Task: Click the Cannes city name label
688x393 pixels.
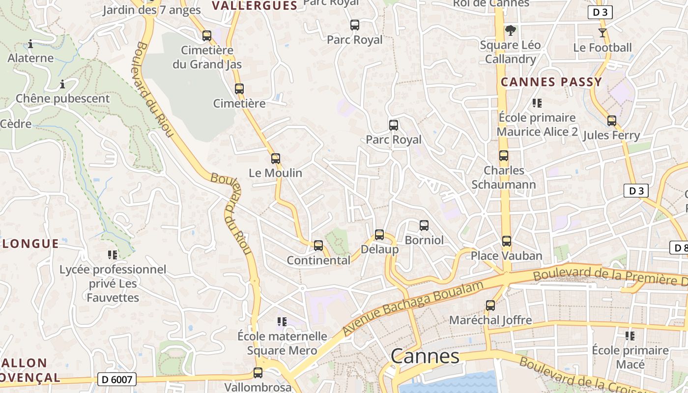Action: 425,356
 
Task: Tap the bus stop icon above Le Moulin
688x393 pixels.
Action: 276,159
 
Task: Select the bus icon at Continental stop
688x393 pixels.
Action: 318,245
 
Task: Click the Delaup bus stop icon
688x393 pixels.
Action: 379,235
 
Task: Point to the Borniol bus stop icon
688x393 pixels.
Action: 424,225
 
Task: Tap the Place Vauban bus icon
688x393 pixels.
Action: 507,241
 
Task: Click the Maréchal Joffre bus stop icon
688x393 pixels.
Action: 490,306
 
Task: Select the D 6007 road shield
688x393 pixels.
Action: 117,379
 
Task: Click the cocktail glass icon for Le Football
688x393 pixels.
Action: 602,33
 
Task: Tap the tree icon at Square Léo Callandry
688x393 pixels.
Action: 511,30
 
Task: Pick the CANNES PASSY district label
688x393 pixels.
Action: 551,82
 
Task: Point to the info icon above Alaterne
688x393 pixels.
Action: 30,44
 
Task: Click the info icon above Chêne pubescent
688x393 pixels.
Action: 62,84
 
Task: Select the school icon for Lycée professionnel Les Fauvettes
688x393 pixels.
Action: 113,255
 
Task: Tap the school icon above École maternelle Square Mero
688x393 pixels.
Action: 282,322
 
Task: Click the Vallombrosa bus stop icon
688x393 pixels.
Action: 258,373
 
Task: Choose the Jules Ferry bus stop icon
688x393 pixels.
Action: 612,121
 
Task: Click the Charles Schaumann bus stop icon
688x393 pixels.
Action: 504,156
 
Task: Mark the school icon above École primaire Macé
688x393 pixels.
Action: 630,336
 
